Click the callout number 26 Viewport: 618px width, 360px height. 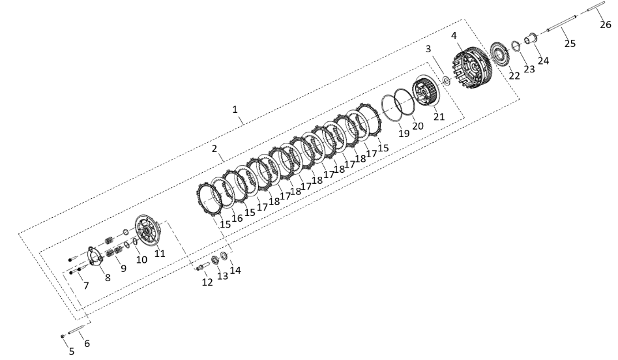606,24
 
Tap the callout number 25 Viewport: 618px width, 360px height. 570,43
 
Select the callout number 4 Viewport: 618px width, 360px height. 454,35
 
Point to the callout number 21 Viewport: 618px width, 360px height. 439,116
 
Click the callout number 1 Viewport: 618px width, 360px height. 235,109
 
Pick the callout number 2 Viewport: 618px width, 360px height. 214,149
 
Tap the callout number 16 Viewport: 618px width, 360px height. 237,218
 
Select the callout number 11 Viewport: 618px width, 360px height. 160,253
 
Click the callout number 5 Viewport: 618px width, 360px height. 71,351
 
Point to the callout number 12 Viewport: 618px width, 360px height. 207,282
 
